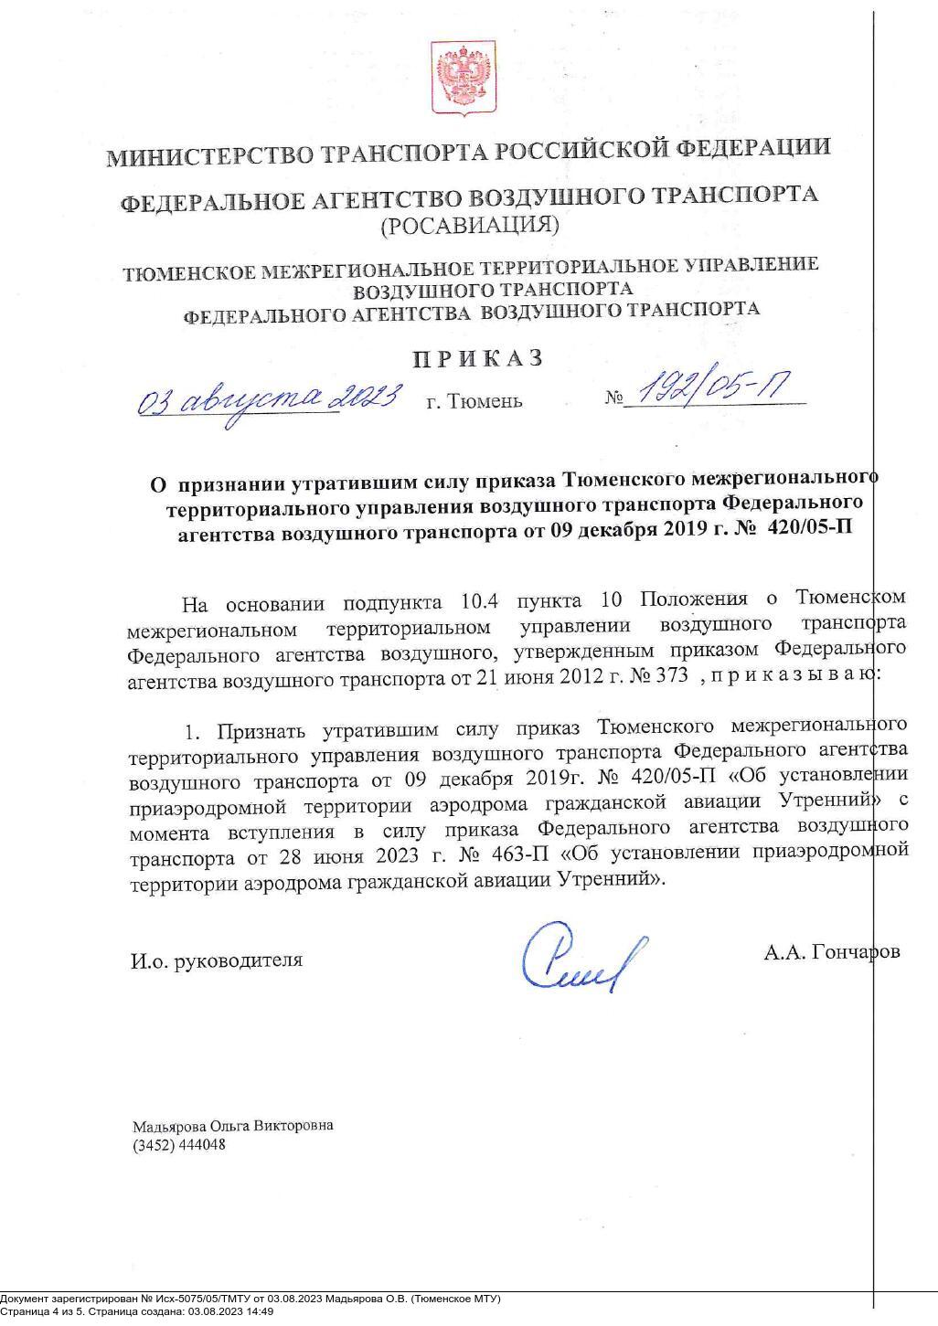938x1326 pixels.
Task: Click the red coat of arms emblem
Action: [x=464, y=78]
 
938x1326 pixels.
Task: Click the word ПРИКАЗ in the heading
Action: [x=477, y=357]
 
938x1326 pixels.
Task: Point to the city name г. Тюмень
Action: [x=474, y=400]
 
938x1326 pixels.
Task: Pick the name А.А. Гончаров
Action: [x=831, y=951]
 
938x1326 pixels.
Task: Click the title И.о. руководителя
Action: [x=216, y=960]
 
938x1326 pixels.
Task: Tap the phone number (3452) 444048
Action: [x=179, y=1145]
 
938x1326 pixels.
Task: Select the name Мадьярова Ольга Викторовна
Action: [x=232, y=1126]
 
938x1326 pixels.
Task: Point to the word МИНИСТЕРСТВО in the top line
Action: [x=208, y=155]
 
